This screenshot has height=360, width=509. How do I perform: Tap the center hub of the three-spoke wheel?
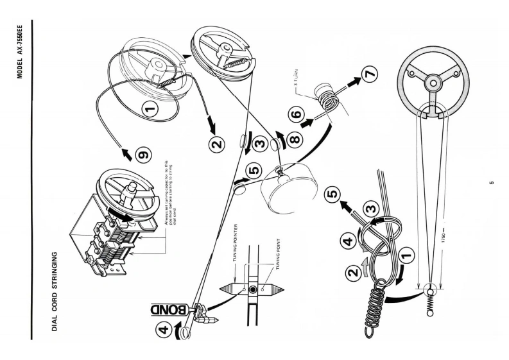[x=434, y=82]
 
